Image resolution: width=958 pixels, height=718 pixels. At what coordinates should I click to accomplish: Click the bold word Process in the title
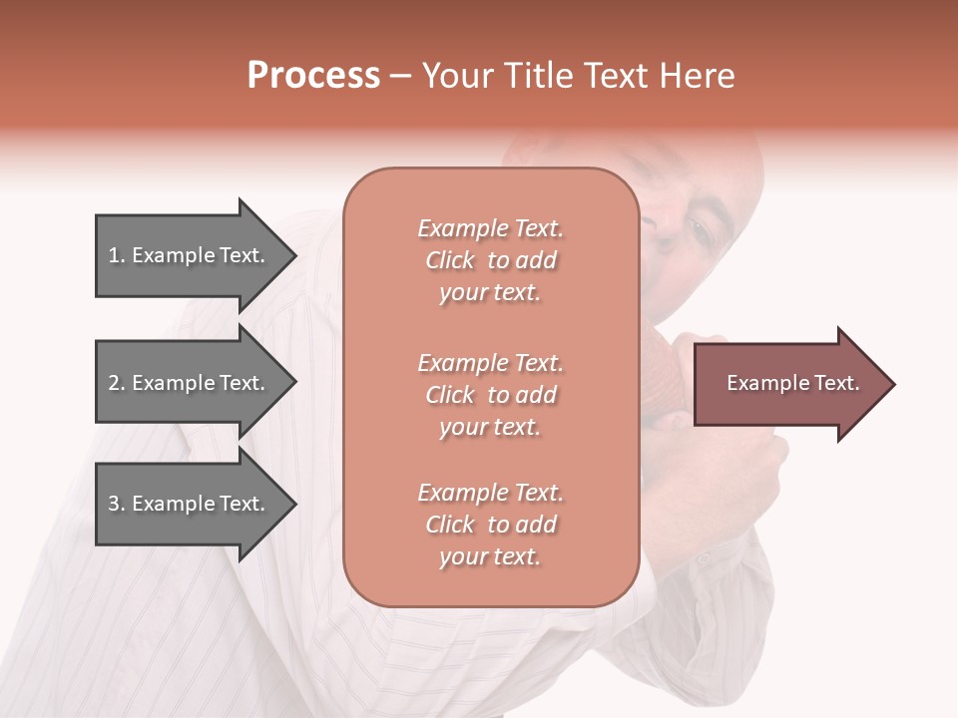[313, 76]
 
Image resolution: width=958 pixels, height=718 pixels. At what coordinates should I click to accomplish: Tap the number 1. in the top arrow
[117, 255]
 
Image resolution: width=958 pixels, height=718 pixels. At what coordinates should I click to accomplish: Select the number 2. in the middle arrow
[117, 383]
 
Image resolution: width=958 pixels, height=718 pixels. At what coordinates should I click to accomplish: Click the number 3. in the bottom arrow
[117, 504]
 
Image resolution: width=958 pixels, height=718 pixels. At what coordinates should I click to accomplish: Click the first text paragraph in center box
[490, 260]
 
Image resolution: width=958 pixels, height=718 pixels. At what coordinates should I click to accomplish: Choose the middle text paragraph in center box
[490, 395]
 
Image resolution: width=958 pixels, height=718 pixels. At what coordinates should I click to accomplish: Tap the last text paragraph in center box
[490, 525]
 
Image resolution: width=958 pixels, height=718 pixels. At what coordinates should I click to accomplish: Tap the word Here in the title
[696, 76]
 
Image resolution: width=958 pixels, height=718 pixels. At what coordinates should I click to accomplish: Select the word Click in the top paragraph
[450, 260]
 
